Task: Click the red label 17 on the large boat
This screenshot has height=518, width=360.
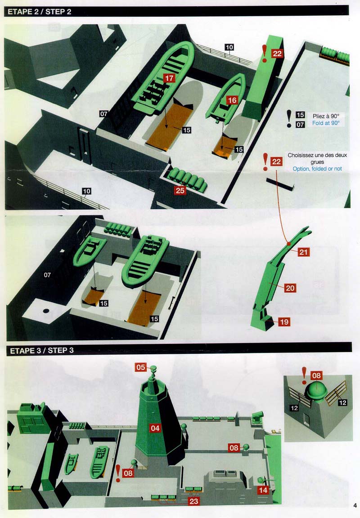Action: coord(169,78)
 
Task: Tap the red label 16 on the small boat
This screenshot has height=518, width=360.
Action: coord(232,100)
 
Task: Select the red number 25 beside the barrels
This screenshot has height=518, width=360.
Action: coord(180,190)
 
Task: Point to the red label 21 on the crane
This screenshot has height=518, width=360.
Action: coord(303,252)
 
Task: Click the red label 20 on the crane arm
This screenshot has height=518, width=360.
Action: coord(290,288)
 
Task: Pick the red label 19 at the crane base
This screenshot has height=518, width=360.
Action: coord(284,322)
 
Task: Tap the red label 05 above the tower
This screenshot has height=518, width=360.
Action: coord(141,367)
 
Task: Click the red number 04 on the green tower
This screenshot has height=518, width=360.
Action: coord(155,429)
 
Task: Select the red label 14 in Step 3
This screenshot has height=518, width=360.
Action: coord(263,490)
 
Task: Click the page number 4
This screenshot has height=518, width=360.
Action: coord(355,505)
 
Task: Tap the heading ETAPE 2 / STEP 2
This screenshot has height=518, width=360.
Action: coord(40,12)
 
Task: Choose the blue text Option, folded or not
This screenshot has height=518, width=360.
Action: coord(317,169)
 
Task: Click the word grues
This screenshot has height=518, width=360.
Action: coord(317,162)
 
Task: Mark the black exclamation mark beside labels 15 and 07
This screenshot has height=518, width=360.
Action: coord(288,118)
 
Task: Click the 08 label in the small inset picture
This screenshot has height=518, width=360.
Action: coord(316,375)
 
